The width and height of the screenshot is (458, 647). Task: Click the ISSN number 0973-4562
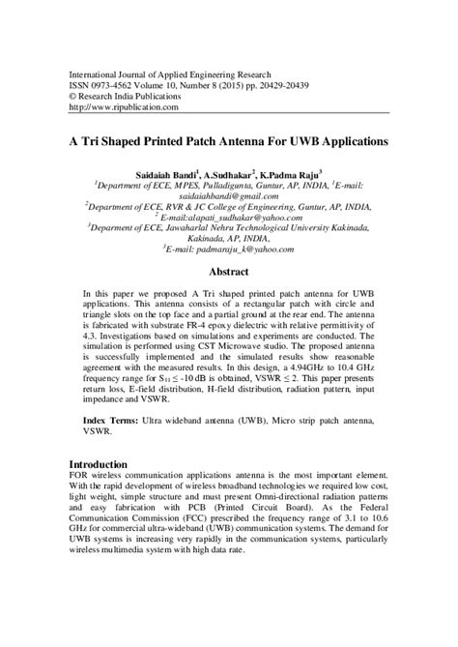pos(124,83)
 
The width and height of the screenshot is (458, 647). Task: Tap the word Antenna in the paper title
pos(253,139)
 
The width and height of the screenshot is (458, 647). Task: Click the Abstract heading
pos(228,273)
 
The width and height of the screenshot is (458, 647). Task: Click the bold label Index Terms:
pos(111,423)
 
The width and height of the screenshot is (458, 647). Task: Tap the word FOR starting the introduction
pos(84,478)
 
